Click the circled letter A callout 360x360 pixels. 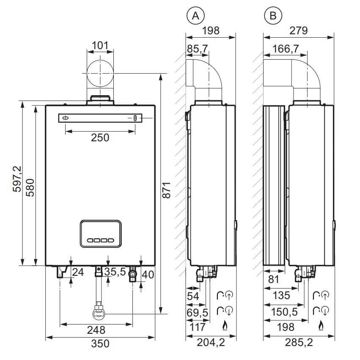pyautogui.click(x=195, y=16)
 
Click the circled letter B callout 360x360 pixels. pyautogui.click(x=273, y=16)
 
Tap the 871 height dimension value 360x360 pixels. pyautogui.click(x=166, y=190)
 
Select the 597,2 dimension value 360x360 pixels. pyautogui.click(x=17, y=179)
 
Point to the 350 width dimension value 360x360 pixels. pyautogui.click(x=100, y=344)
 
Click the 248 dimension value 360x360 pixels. pyautogui.click(x=96, y=330)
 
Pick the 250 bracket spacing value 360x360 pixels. pyautogui.click(x=100, y=138)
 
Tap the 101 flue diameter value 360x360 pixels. pyautogui.click(x=100, y=45)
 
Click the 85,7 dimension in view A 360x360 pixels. pyautogui.click(x=197, y=49)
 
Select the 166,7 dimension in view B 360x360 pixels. pyautogui.click(x=286, y=49)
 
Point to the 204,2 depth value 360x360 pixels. pyautogui.click(x=211, y=343)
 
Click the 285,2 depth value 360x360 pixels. pyautogui.click(x=299, y=343)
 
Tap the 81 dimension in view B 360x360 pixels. pyautogui.click(x=273, y=280)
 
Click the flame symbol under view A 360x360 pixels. pyautogui.click(x=225, y=326)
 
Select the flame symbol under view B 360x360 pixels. pyautogui.click(x=321, y=326)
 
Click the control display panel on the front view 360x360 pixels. pyautogui.click(x=101, y=234)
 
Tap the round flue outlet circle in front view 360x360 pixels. pyautogui.click(x=100, y=74)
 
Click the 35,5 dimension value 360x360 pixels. pyautogui.click(x=115, y=272)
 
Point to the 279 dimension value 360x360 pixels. pyautogui.click(x=299, y=30)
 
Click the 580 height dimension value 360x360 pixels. pyautogui.click(x=30, y=187)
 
